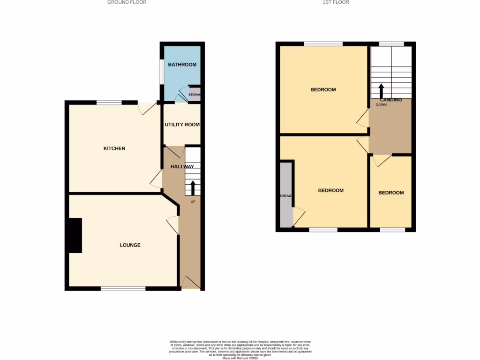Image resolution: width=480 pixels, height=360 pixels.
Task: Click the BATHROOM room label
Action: click(182, 65)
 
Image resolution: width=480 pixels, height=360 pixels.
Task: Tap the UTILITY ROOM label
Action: click(182, 125)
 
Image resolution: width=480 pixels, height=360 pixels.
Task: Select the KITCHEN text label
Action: click(114, 149)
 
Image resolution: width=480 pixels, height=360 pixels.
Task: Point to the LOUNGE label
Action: click(130, 245)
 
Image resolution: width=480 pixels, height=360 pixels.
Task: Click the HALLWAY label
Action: click(182, 167)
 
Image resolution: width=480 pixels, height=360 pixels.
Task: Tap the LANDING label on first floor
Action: click(391, 100)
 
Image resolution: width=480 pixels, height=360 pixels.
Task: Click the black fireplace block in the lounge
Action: click(75, 235)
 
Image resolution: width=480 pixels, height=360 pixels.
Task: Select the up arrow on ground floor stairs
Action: click(193, 187)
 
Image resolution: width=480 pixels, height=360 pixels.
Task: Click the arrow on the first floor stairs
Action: click(381, 90)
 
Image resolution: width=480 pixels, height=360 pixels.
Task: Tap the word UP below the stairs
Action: click(193, 202)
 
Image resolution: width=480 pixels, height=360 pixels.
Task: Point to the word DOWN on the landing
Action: click(382, 105)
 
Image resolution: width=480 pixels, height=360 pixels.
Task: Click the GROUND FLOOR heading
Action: click(127, 2)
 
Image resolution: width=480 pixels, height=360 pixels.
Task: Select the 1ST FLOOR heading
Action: click(335, 2)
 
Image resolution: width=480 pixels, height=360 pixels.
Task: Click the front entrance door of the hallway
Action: click(191, 283)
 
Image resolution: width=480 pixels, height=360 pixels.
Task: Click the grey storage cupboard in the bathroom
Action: click(195, 94)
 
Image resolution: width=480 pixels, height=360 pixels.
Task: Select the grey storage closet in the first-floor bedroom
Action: click(285, 195)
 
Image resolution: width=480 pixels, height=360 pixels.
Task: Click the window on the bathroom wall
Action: click(161, 72)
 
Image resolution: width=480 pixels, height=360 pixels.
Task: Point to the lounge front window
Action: click(123, 289)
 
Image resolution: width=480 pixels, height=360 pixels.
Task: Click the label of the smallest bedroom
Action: click(391, 193)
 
